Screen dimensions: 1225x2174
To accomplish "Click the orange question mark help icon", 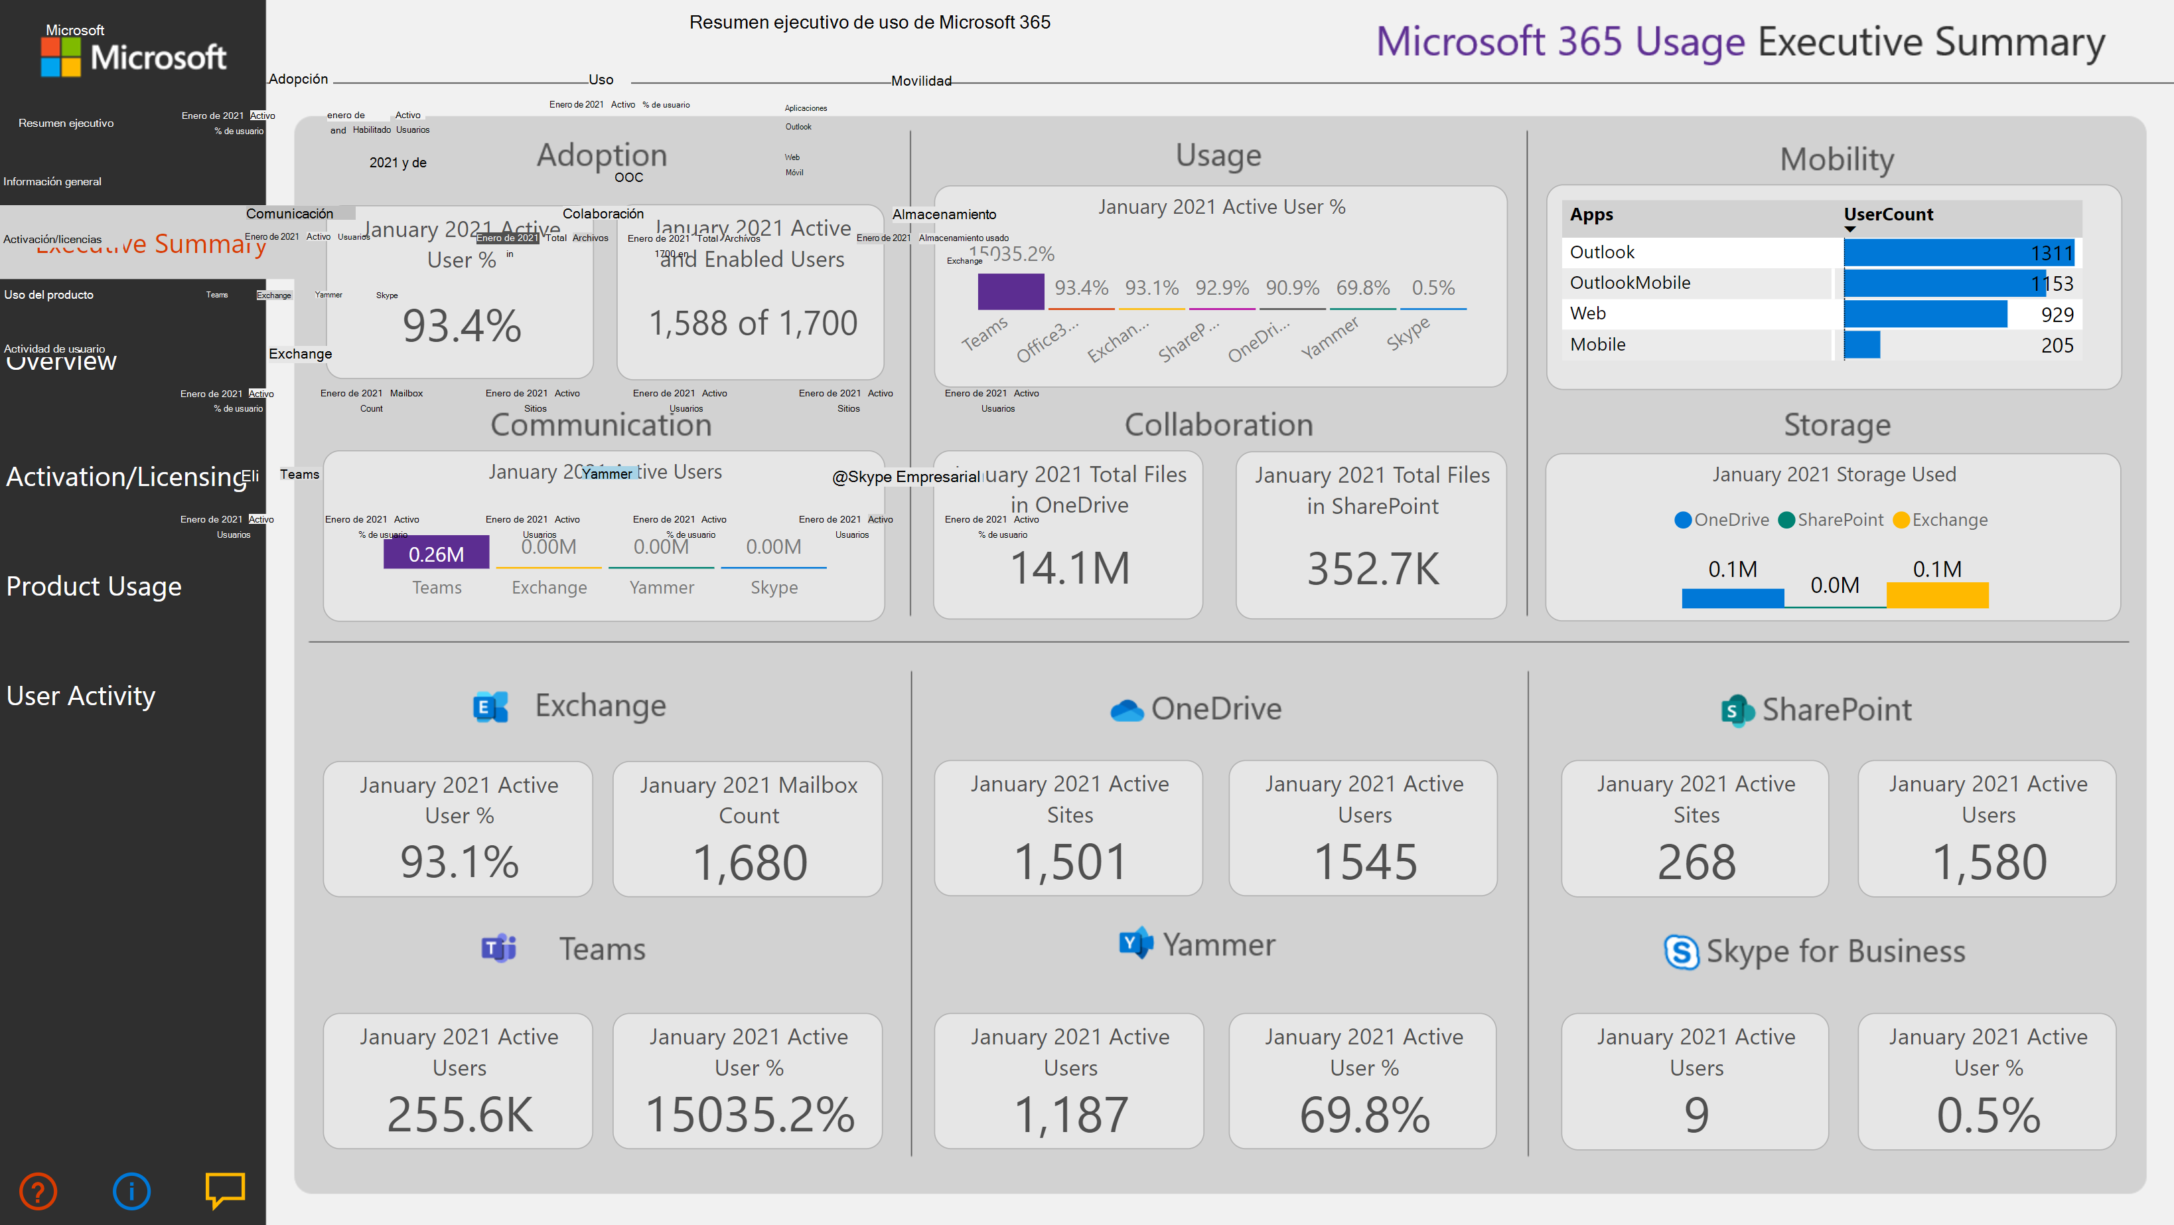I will tap(38, 1191).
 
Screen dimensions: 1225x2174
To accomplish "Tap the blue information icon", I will tap(131, 1191).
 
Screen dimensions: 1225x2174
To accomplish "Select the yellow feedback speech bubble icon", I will tap(224, 1190).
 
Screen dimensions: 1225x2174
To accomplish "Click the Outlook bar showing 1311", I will tap(1958, 252).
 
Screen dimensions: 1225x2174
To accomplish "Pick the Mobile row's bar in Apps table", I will tap(1861, 345).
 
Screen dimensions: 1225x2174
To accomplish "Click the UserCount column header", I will tap(1888, 214).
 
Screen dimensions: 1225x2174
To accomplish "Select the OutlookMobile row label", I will tap(1630, 283).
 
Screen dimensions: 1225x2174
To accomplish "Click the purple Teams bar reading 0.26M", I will tap(436, 553).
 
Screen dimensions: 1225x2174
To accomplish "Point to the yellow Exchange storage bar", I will tap(1937, 595).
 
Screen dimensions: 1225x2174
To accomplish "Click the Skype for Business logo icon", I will tap(1680, 952).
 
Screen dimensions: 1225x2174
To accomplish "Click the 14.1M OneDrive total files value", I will tap(1069, 568).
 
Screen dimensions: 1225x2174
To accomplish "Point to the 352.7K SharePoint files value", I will tap(1372, 569).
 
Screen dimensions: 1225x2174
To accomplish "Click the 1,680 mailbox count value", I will tap(749, 863).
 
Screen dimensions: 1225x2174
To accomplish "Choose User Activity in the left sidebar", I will tap(81, 696).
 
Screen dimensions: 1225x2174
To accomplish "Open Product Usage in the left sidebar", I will tap(94, 586).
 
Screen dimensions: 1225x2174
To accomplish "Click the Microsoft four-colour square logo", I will tap(61, 57).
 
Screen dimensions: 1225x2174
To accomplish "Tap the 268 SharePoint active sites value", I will tap(1696, 863).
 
